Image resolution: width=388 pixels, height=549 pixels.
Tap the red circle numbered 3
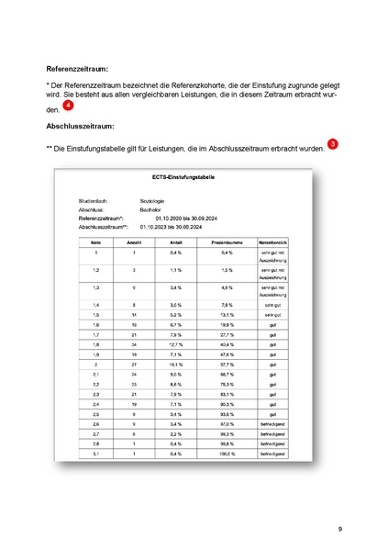click(332, 144)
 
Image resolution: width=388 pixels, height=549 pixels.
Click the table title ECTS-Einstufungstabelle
click(188, 176)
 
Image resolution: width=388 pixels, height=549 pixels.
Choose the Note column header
click(96, 241)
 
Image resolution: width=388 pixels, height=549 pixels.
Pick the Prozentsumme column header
click(226, 241)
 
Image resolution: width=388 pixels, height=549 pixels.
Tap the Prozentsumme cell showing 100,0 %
click(226, 454)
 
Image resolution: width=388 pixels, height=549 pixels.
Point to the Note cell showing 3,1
click(96, 454)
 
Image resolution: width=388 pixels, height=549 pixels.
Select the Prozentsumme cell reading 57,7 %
click(226, 364)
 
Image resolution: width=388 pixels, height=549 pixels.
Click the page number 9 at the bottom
click(339, 529)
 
